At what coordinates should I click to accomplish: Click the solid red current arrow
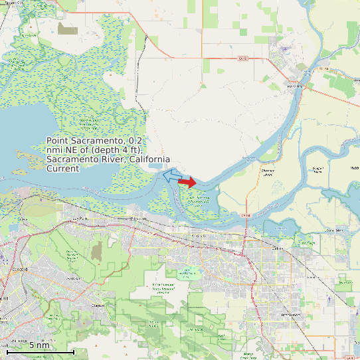click(x=188, y=182)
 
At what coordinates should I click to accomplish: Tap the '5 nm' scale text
click(x=39, y=345)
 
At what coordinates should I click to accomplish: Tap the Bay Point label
click(x=79, y=219)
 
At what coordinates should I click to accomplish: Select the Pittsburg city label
click(x=137, y=219)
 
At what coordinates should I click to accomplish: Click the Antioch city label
click(x=198, y=235)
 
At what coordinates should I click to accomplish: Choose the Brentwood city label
click(x=290, y=314)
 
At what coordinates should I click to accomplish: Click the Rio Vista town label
click(x=293, y=86)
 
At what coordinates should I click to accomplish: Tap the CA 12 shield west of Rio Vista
click(x=242, y=58)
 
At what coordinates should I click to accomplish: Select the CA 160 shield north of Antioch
click(x=246, y=215)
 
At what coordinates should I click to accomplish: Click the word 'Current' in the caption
click(x=62, y=169)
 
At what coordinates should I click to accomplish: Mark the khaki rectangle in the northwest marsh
click(x=67, y=29)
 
